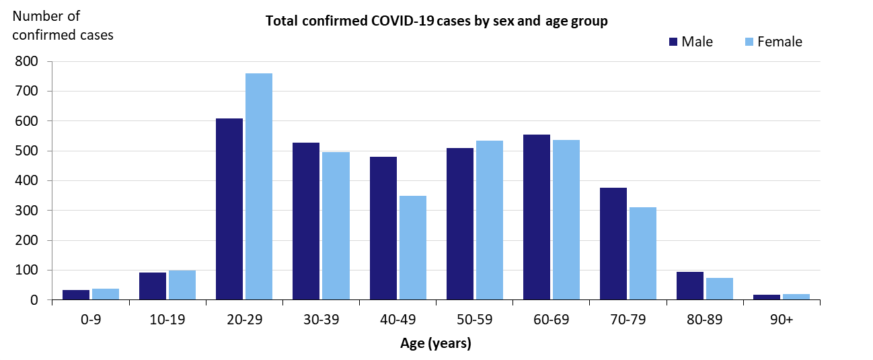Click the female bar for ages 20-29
pyautogui.click(x=259, y=186)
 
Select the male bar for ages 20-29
pyautogui.click(x=229, y=209)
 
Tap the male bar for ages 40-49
pyautogui.click(x=383, y=228)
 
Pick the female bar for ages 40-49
pyautogui.click(x=413, y=248)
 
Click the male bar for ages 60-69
pyautogui.click(x=537, y=217)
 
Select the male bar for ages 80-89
pyautogui.click(x=690, y=285)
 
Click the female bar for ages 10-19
pyautogui.click(x=182, y=285)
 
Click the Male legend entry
pyautogui.click(x=690, y=42)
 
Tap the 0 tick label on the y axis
pyautogui.click(x=33, y=300)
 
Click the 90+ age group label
pyautogui.click(x=782, y=319)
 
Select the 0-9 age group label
pyautogui.click(x=90, y=319)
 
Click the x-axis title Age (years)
pyautogui.click(x=436, y=343)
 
